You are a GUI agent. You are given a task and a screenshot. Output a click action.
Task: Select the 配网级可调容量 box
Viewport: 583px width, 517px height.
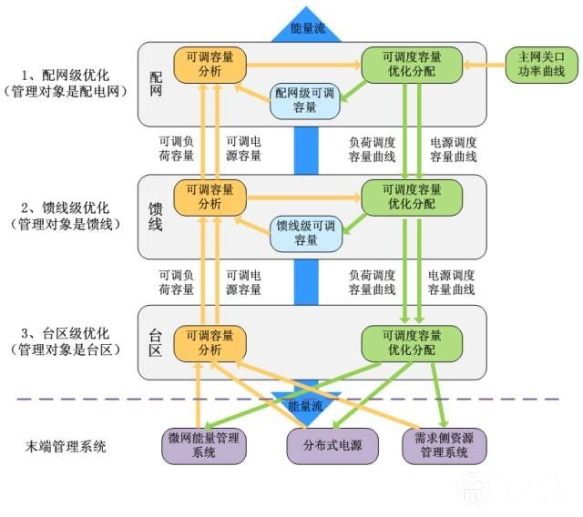coord(305,100)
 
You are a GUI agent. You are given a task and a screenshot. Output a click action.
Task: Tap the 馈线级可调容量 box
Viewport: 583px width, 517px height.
coord(305,233)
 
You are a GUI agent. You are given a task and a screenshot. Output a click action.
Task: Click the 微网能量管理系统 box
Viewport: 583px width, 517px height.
coord(203,445)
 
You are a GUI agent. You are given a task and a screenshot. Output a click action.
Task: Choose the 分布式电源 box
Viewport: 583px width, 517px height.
coord(325,445)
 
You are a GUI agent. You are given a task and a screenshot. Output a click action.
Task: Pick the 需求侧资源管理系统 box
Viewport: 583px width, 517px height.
coord(444,445)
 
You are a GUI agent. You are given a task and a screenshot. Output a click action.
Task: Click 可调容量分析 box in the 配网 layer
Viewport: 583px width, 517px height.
coord(210,65)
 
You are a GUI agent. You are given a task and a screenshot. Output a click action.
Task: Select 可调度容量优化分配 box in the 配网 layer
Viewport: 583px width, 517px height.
coord(412,65)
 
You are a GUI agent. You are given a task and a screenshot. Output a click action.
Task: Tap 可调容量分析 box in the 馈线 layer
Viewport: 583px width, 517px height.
coord(210,197)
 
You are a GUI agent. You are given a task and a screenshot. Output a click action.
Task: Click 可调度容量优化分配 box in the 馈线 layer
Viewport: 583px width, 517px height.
coord(412,197)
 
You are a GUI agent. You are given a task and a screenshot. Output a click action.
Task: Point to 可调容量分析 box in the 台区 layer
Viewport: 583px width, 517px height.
coord(210,341)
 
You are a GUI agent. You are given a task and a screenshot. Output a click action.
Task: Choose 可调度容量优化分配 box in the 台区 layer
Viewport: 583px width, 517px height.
coord(412,341)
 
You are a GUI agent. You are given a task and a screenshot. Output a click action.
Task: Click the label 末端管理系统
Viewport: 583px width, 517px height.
coord(66,446)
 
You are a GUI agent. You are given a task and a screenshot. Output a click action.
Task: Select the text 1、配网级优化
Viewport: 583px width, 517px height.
coord(65,75)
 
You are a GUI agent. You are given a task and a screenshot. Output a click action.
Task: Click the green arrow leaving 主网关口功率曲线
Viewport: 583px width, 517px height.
coord(484,65)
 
